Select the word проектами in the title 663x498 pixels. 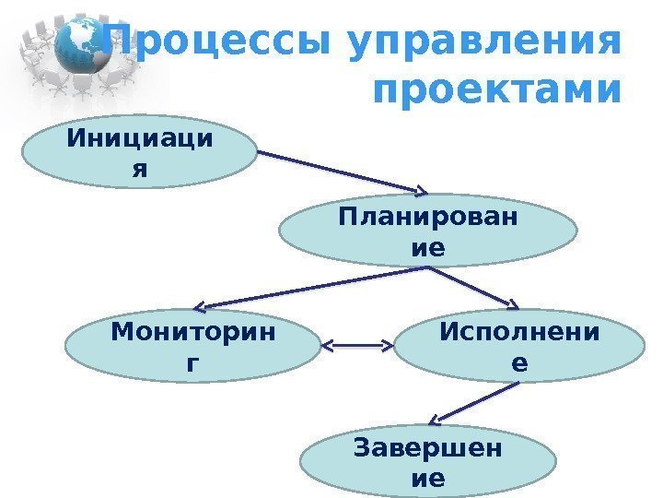click(496, 91)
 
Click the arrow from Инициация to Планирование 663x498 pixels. click(341, 175)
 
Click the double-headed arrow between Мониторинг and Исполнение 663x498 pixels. click(360, 348)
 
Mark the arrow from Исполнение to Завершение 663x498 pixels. click(474, 402)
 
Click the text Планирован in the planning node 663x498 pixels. click(427, 220)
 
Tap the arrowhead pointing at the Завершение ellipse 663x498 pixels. click(438, 421)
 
